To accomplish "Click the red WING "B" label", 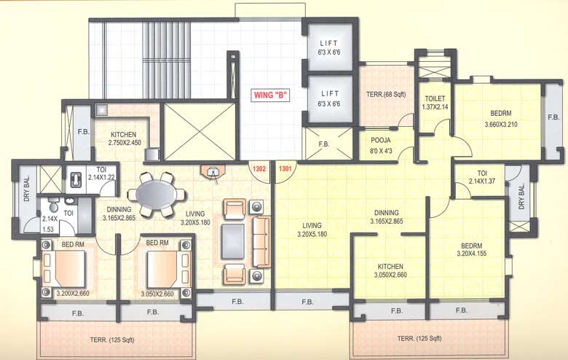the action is tap(272, 95).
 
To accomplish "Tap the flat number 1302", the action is tap(259, 168).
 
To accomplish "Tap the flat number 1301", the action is tap(285, 168).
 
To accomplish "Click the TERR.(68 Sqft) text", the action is tap(386, 94).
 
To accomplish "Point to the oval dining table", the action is tap(157, 195).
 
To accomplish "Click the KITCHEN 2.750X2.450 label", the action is tap(124, 138).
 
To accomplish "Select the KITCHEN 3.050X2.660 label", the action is tap(390, 270).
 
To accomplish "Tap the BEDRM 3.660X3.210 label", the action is tap(501, 119).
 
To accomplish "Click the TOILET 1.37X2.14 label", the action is tap(435, 103).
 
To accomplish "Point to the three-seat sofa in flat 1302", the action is tap(261, 242).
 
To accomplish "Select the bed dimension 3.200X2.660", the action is tap(73, 293).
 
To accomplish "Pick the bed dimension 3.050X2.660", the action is tap(157, 294).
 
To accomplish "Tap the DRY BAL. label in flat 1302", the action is tap(27, 188).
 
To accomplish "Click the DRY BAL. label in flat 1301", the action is tap(521, 197).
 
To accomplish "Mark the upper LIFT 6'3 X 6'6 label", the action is tap(329, 47).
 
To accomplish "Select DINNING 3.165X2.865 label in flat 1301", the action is tap(387, 216).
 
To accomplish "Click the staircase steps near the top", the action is tap(166, 60).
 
